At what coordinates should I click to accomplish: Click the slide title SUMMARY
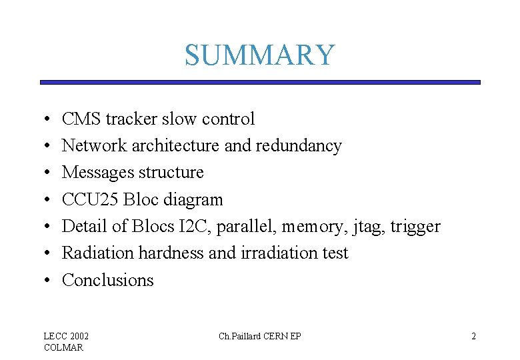(259, 55)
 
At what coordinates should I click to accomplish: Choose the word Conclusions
(107, 280)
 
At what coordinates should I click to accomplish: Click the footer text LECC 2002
(66, 336)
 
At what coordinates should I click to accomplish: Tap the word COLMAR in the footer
(63, 347)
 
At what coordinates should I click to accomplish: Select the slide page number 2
(473, 336)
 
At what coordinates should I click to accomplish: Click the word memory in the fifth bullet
(310, 227)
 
